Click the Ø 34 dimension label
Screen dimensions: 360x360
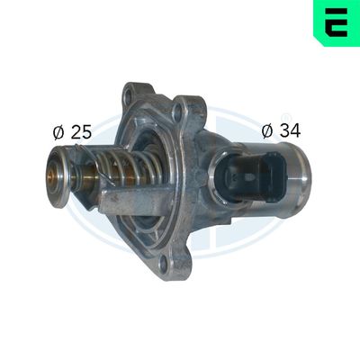pyautogui.click(x=280, y=130)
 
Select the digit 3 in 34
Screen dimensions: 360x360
pyautogui.click(x=283, y=130)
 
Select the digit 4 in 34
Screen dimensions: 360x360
pyautogui.click(x=294, y=130)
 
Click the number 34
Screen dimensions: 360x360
pyautogui.click(x=289, y=130)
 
